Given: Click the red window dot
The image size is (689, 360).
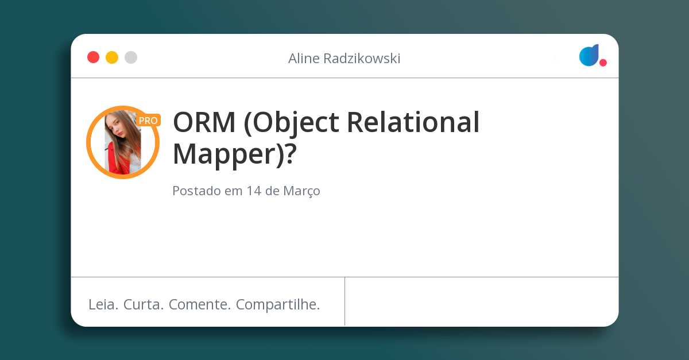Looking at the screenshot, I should pyautogui.click(x=93, y=57).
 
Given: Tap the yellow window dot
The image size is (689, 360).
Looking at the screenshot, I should pyautogui.click(x=112, y=57).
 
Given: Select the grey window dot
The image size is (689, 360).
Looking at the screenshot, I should pyautogui.click(x=131, y=57).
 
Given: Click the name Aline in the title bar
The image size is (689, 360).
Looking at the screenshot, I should pyautogui.click(x=305, y=59).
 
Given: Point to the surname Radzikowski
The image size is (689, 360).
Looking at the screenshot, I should pyautogui.click(x=363, y=59).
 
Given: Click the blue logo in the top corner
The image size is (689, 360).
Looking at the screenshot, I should pyautogui.click(x=589, y=55).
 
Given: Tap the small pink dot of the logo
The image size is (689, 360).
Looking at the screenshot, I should pyautogui.click(x=603, y=63).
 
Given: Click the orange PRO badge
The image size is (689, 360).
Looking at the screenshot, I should pyautogui.click(x=148, y=121).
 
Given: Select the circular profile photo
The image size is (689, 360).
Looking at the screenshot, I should pyautogui.click(x=123, y=142).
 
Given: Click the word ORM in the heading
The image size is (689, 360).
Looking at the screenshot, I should pyautogui.click(x=204, y=122).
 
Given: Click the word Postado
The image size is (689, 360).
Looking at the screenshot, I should pyautogui.click(x=196, y=191).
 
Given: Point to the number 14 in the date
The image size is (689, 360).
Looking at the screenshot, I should pyautogui.click(x=254, y=191).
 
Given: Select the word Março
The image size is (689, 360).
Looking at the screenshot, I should pyautogui.click(x=301, y=191).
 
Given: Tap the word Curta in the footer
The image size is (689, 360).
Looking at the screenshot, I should pyautogui.click(x=144, y=304).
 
